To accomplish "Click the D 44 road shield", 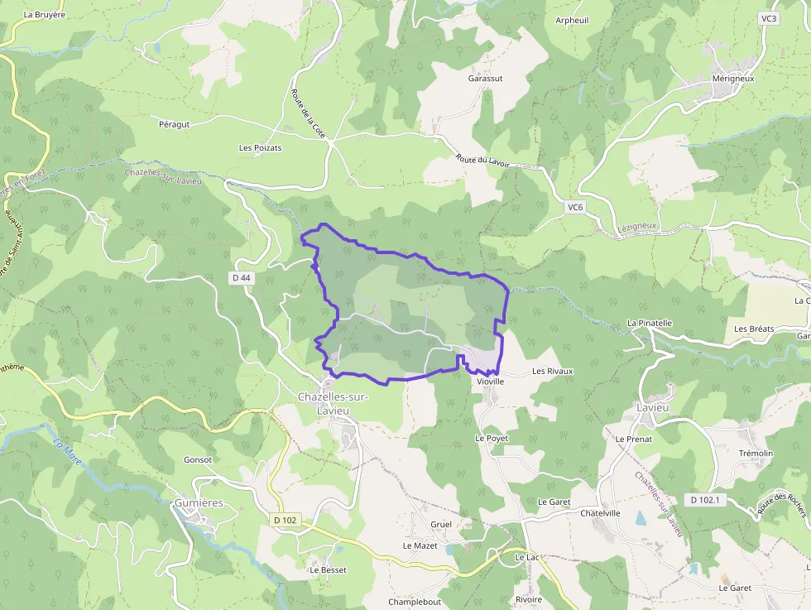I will click(x=242, y=278).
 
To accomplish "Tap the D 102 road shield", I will click(x=284, y=521).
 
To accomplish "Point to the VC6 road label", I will click(x=576, y=206).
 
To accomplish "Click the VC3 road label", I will click(x=769, y=18).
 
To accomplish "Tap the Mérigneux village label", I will click(x=733, y=79).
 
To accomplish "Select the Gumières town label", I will click(x=199, y=503).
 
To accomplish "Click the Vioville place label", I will click(x=490, y=382).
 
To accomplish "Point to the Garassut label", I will click(x=486, y=79).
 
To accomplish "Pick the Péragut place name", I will click(x=174, y=124).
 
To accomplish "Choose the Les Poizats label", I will click(x=260, y=148).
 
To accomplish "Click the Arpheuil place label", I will click(x=572, y=20).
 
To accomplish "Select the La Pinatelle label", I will click(x=650, y=323).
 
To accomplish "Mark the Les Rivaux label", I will click(x=552, y=372).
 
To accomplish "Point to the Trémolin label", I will click(x=756, y=454).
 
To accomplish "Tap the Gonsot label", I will click(x=198, y=459).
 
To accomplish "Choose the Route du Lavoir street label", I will click(x=482, y=161).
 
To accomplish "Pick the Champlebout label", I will click(x=415, y=602).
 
